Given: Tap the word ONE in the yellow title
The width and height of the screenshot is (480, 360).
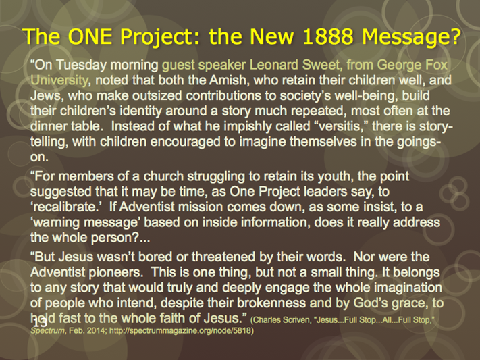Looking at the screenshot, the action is [90, 36].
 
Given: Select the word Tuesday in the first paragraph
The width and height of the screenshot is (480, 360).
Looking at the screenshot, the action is [82, 66].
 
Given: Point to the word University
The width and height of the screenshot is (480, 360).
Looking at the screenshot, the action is [59, 80].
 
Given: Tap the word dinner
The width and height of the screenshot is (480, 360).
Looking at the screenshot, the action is [49, 126].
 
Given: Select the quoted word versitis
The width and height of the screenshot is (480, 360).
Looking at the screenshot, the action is [339, 126].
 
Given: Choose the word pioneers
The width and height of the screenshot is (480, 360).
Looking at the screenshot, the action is [116, 272].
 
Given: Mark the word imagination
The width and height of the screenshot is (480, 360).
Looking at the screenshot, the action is [408, 288].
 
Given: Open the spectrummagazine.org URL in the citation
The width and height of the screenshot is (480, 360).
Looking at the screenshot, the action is [182, 331].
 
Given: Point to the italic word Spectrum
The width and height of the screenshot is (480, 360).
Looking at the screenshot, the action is [48, 331].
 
